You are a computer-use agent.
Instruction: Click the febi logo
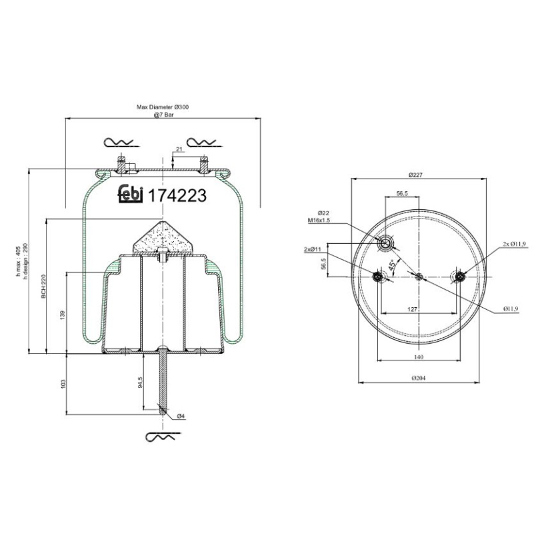pos(131,194)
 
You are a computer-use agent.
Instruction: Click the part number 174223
pos(177,196)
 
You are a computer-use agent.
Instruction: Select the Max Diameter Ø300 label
pos(163,107)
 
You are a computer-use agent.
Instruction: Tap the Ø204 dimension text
pos(419,378)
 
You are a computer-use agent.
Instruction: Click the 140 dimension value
pos(419,357)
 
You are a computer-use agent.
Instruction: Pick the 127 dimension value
pos(413,309)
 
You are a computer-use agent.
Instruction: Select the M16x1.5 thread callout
pos(319,220)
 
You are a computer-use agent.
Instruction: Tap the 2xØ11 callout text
pos(313,249)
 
